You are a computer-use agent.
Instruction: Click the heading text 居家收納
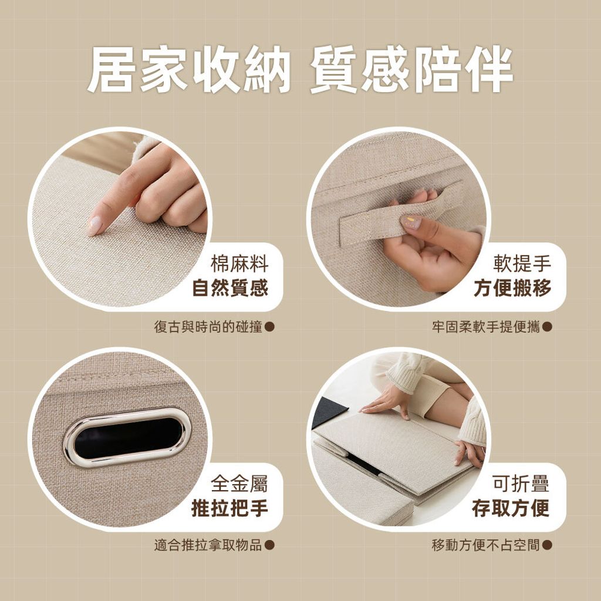[x=188, y=69]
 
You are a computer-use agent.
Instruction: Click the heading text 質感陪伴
[x=411, y=69]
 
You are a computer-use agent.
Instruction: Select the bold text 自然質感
[x=230, y=288]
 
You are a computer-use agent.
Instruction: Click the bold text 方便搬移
[x=512, y=288]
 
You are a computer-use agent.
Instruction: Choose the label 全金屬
[x=239, y=483]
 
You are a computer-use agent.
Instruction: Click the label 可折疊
[x=521, y=483]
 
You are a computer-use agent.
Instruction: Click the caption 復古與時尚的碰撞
[x=208, y=327]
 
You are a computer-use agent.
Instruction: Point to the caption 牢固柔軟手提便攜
[x=486, y=327]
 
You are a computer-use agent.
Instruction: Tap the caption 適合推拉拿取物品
[x=208, y=545]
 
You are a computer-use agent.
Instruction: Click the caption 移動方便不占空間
[x=486, y=545]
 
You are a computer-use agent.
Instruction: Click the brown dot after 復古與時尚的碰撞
[x=270, y=327]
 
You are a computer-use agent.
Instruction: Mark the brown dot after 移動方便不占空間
[x=548, y=545]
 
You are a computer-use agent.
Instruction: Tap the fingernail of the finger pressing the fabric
[x=94, y=225]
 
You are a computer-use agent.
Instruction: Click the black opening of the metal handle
[x=127, y=437]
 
